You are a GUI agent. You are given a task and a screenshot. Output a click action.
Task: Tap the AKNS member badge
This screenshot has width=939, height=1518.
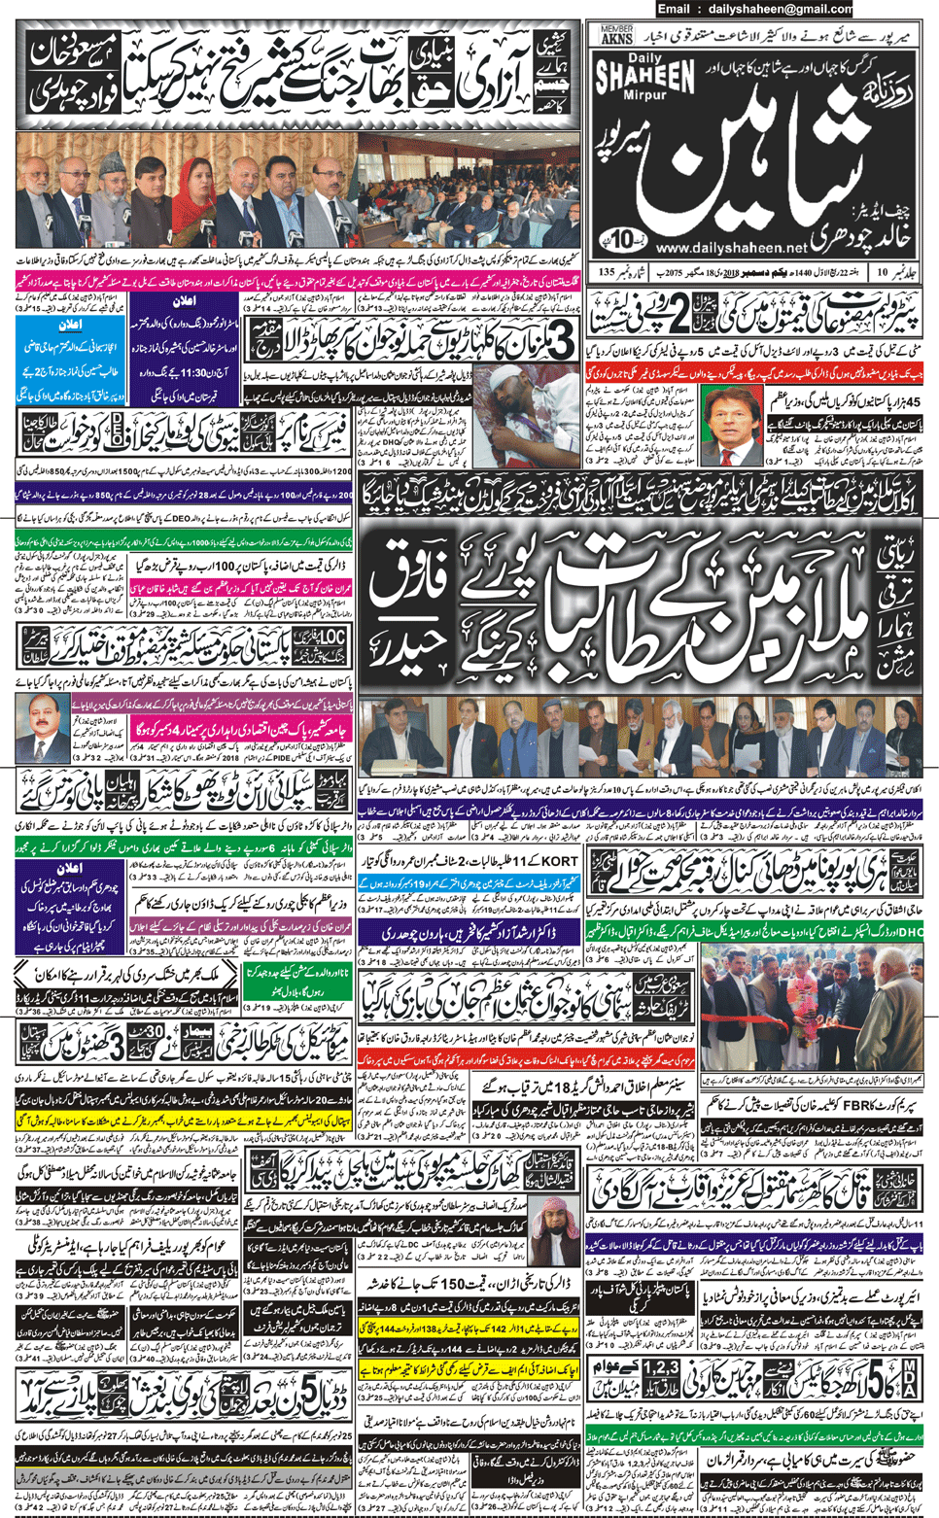[x=617, y=36]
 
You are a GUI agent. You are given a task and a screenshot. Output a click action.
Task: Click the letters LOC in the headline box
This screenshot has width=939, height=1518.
[x=333, y=637]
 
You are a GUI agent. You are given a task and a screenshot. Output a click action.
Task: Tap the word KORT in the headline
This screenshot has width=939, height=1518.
[x=561, y=861]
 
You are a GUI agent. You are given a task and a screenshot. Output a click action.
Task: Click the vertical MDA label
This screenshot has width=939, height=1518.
[x=909, y=1379]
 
